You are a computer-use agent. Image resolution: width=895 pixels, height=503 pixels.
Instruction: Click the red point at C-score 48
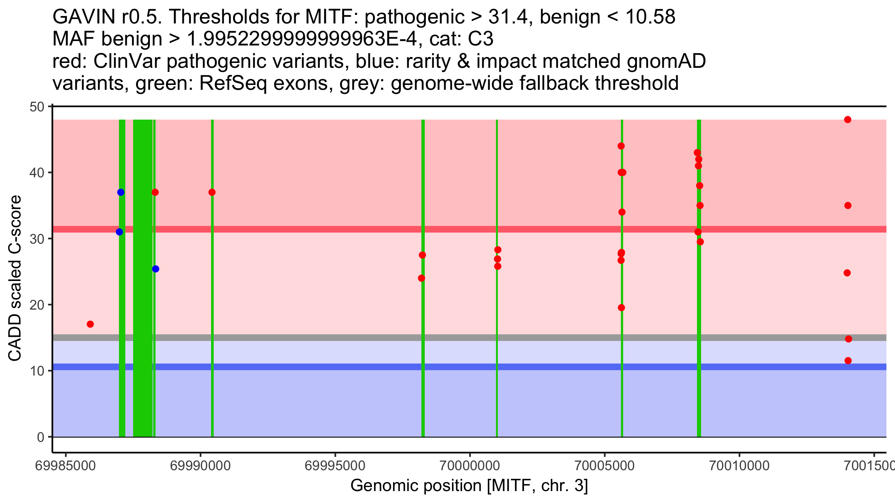tap(848, 120)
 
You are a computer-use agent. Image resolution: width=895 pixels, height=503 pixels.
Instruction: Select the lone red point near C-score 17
tap(90, 324)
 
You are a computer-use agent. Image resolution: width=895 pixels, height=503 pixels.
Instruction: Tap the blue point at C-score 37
tap(121, 192)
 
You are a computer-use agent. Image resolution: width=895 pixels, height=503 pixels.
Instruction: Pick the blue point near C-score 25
tap(156, 269)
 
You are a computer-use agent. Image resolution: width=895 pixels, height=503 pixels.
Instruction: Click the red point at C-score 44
tap(621, 146)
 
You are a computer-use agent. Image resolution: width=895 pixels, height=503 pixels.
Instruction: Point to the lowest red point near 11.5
tap(848, 361)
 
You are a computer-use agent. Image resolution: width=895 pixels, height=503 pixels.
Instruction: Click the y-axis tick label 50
tap(37, 107)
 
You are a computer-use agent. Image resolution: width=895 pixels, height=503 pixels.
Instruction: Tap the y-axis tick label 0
tap(40, 437)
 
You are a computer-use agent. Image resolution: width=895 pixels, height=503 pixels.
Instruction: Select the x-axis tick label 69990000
tap(201, 466)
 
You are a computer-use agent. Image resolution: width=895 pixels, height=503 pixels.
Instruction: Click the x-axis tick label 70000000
tap(470, 466)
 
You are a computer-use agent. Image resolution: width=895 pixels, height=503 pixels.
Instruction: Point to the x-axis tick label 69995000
tap(335, 466)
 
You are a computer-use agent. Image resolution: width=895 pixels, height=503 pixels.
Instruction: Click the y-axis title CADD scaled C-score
tap(15, 278)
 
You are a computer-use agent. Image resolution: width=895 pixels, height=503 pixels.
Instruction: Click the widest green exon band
tap(143, 278)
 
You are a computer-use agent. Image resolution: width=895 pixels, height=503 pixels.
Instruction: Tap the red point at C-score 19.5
tap(621, 308)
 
